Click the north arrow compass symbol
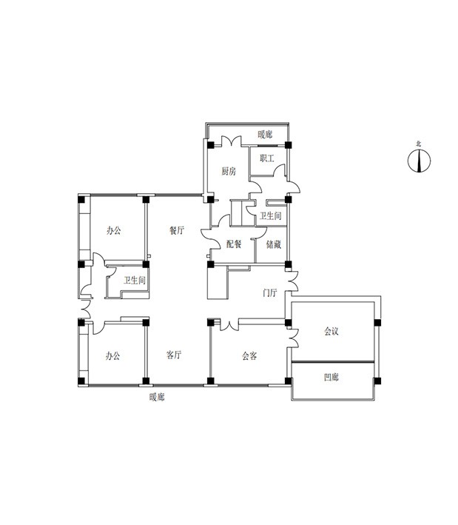419,161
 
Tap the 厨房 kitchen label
229,172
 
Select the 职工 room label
267,158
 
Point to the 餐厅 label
177,230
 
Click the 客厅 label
174,355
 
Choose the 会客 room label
249,355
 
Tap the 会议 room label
331,332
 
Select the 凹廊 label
331,378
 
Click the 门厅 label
269,292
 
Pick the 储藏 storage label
274,244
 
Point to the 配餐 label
234,244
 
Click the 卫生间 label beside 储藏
271,216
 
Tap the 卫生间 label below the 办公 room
135,280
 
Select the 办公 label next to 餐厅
114,230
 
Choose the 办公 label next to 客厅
112,355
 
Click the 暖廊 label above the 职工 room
265,135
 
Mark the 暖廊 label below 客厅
157,398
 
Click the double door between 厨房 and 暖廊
231,141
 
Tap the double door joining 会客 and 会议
293,338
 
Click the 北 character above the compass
419,144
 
